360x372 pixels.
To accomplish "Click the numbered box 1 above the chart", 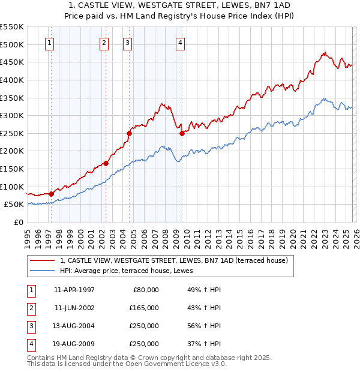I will pos(49,43).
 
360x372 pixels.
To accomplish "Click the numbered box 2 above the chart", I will pos(104,43).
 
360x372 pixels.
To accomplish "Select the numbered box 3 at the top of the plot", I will pos(128,43).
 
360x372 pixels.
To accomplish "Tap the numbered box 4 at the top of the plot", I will pos(180,43).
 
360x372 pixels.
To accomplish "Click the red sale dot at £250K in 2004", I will pos(130,133).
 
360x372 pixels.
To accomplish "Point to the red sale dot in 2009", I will pos(182,133).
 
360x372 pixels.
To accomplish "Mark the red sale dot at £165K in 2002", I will pos(106,163).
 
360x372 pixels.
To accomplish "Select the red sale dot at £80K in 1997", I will pos(52,193).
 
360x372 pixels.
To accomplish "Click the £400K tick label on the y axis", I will pos(12,80).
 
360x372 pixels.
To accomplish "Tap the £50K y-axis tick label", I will pos(14,205).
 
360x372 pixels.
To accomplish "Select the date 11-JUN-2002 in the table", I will pos(74,307).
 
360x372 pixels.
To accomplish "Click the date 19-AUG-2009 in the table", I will pos(74,344).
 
